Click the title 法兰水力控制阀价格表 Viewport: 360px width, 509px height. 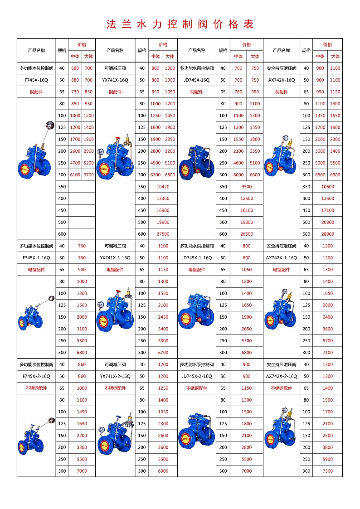click(180, 24)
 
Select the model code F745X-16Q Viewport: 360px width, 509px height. click(36, 80)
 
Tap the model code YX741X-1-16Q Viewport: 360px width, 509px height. click(115, 258)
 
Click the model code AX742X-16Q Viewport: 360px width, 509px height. click(281, 80)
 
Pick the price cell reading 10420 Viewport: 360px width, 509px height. click(163, 187)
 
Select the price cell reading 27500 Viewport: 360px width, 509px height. click(163, 234)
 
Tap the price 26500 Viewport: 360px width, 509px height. click(247, 234)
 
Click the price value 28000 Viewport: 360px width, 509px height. click(327, 234)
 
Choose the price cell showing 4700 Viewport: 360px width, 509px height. click(75, 163)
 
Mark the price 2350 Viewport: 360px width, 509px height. click(170, 139)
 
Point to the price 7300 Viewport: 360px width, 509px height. click(327, 471)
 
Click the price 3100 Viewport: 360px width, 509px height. click(82, 329)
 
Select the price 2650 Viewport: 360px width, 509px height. click(247, 329)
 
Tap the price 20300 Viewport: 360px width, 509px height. click(327, 222)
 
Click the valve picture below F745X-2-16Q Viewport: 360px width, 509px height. click(36, 436)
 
